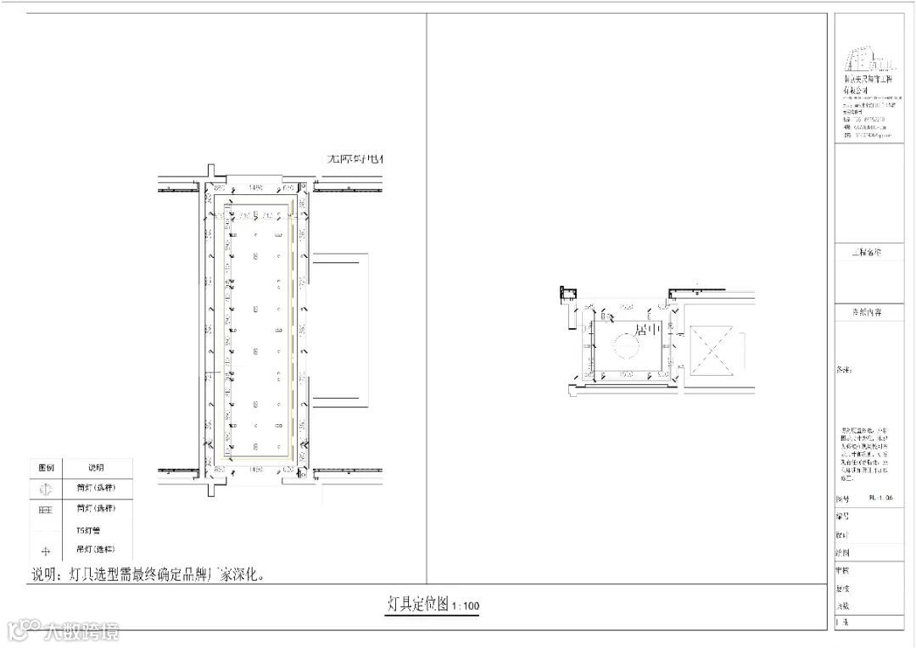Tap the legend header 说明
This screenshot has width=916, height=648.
coord(96,467)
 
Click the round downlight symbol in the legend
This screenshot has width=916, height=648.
coord(46,489)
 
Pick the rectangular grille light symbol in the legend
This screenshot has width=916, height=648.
coord(46,509)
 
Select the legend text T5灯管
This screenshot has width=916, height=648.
coord(87,531)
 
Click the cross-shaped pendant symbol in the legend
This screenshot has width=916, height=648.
coord(46,551)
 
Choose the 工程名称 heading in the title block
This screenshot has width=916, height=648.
coord(867,252)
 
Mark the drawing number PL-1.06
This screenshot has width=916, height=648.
coord(881,499)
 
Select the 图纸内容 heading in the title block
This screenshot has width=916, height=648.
coord(867,312)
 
